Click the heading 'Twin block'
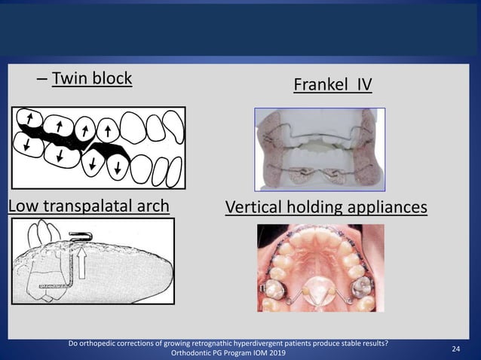pyautogui.click(x=91, y=78)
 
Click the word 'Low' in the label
pyautogui.click(x=23, y=206)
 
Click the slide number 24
pyautogui.click(x=455, y=349)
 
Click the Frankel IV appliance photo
pyautogui.click(x=320, y=148)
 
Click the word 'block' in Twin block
pyautogui.click(x=112, y=78)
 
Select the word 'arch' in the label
pyautogui.click(x=150, y=206)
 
